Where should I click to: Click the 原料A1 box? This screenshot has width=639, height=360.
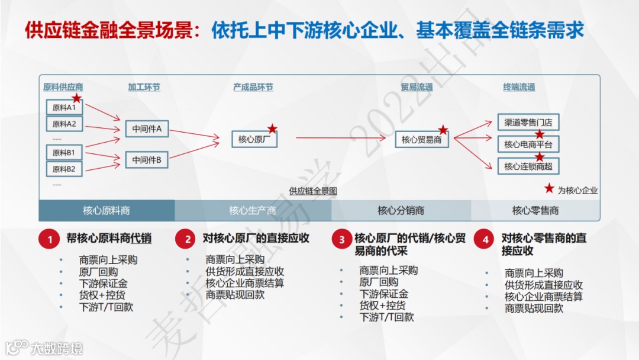click(64, 108)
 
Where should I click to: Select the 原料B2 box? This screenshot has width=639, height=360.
click(64, 169)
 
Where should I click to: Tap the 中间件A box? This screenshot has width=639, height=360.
click(147, 128)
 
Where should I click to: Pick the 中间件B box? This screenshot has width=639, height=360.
click(147, 159)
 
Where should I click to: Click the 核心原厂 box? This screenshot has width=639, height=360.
click(254, 139)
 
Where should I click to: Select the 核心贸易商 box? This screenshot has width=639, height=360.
click(422, 140)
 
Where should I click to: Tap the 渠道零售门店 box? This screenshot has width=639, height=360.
click(528, 123)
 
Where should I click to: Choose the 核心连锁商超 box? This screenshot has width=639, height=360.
click(528, 166)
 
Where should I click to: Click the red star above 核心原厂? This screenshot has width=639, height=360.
click(272, 128)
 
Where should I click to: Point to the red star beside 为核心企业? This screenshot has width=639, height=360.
click(549, 189)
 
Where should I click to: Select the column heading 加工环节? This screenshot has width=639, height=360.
click(144, 87)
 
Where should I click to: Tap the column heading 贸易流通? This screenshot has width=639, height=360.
click(417, 87)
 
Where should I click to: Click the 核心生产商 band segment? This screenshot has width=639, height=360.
click(253, 210)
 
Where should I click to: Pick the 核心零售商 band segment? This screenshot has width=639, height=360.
click(535, 210)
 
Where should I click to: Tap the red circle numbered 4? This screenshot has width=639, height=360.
click(485, 239)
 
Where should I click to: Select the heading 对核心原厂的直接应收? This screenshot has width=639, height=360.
click(256, 239)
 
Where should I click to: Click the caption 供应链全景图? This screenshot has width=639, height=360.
click(313, 191)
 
